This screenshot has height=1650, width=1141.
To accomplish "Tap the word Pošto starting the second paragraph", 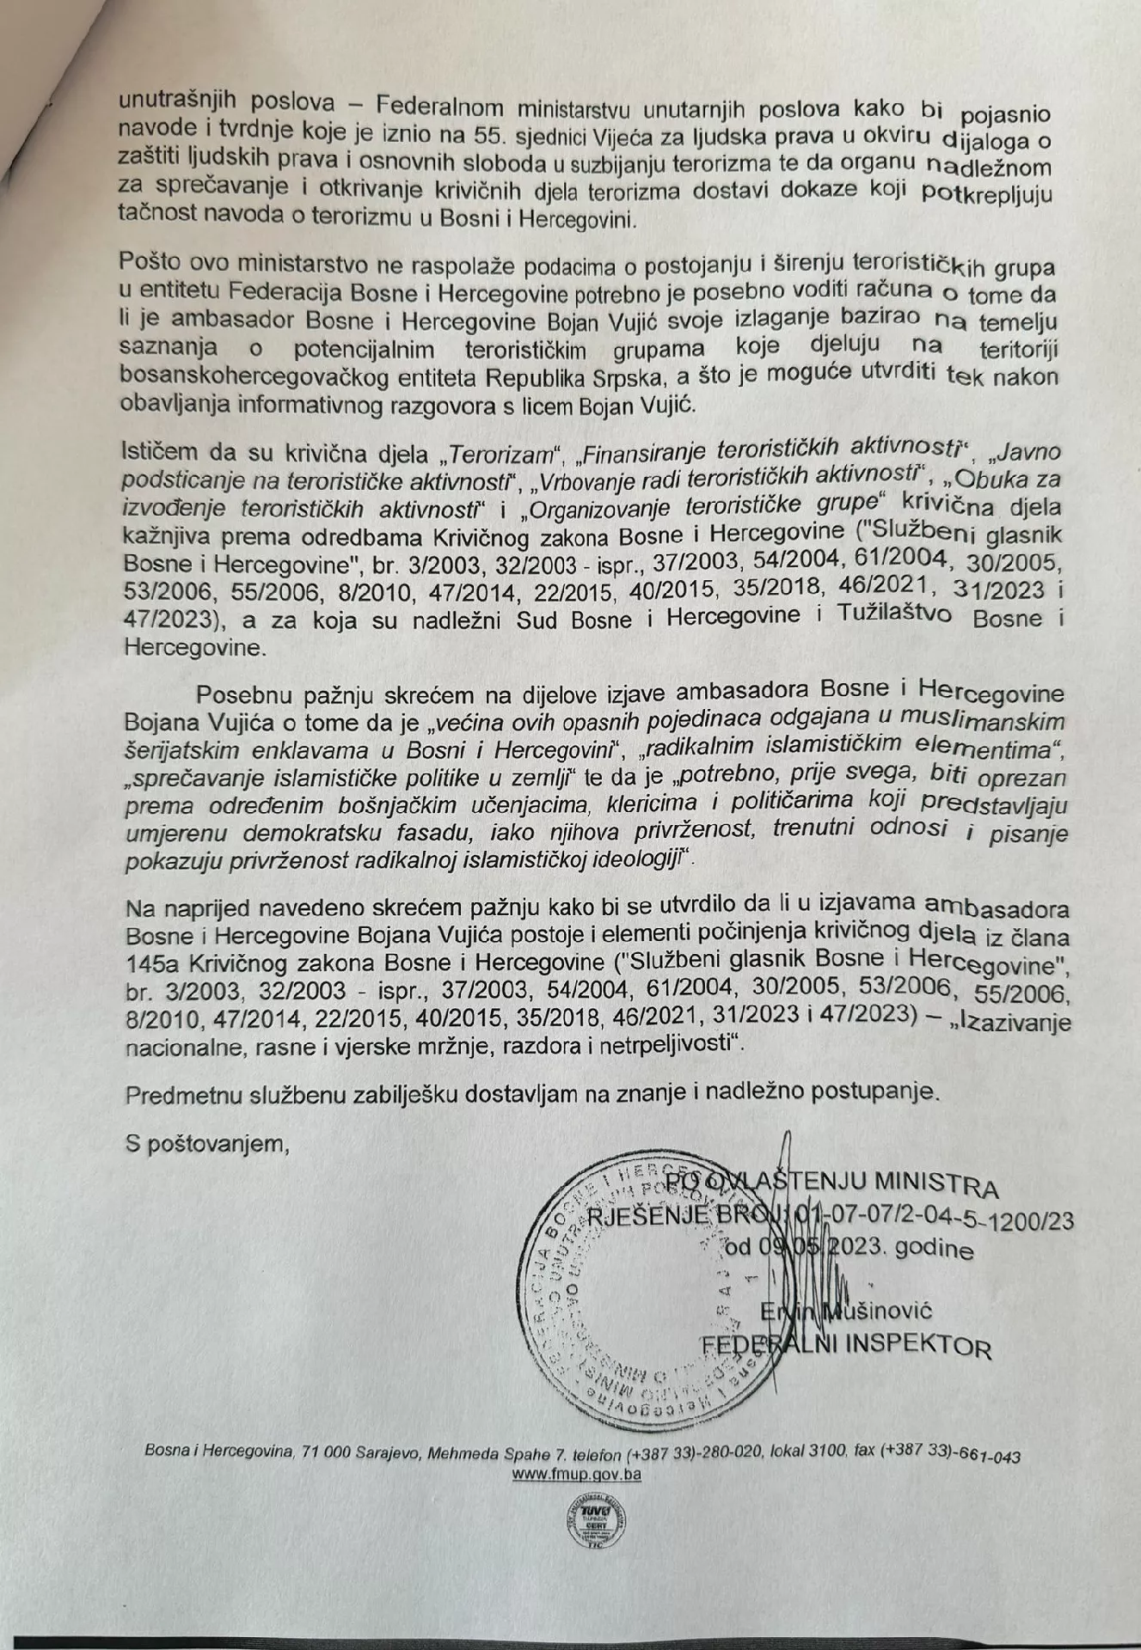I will (150, 261).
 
